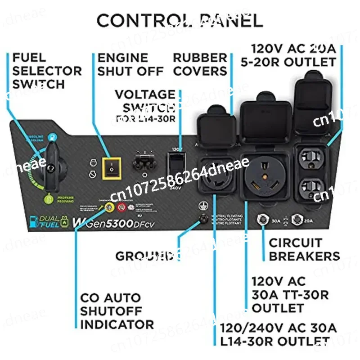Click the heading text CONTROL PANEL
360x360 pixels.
coord(180,20)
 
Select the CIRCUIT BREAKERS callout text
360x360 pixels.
coord(304,249)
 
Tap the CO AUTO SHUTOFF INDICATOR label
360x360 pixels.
coord(117,310)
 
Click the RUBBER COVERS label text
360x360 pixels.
coord(200,64)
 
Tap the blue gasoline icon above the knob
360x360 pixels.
coord(54,136)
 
